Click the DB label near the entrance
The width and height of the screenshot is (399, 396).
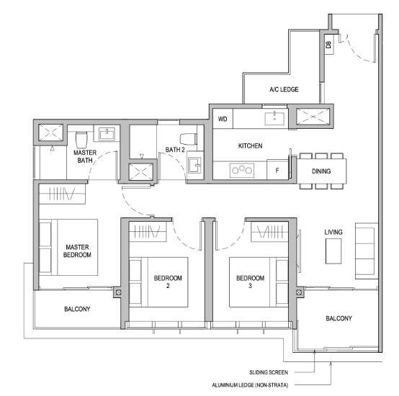tap(328, 45)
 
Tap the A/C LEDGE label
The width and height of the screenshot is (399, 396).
tap(284, 89)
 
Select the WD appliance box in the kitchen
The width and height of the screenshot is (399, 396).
tap(223, 119)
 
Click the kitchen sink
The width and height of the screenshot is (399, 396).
tap(274, 119)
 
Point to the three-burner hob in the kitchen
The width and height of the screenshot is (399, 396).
tap(242, 170)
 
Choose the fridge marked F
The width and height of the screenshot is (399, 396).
tap(277, 170)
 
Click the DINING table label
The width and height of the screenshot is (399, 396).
tap(321, 171)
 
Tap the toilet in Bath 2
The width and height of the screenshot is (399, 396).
tap(189, 139)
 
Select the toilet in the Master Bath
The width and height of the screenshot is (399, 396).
tap(81, 140)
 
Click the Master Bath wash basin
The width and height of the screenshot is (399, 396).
tap(107, 134)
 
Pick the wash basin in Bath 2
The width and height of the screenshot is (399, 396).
tap(195, 165)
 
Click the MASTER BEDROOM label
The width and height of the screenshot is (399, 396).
tap(77, 251)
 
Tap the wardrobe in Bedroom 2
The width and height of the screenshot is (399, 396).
tap(148, 231)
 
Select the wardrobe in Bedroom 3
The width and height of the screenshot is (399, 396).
tap(270, 231)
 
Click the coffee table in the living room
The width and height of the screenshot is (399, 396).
tap(333, 251)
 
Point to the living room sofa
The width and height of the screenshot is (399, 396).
tap(367, 251)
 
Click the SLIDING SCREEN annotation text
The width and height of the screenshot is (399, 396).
tap(269, 373)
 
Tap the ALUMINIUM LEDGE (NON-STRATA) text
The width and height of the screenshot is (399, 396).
tap(250, 385)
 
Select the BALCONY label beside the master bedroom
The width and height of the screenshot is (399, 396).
tap(77, 309)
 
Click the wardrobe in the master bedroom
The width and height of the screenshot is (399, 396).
tap(62, 194)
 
